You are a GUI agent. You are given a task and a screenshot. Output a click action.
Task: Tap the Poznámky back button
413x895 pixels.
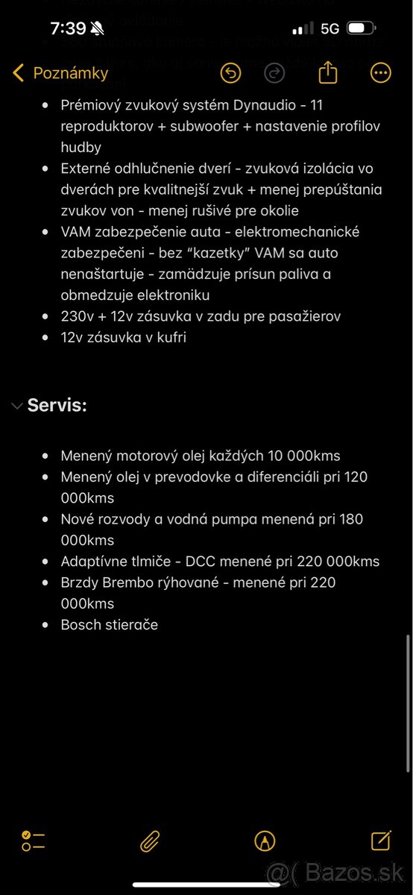point(61,73)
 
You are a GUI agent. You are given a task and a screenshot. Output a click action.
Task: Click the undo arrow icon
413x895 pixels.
point(231,73)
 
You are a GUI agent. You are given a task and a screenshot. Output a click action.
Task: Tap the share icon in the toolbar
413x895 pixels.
point(328,72)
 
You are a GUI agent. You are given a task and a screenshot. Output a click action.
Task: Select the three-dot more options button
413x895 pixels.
point(380,73)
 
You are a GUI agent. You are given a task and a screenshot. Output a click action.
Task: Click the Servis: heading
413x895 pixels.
point(57,406)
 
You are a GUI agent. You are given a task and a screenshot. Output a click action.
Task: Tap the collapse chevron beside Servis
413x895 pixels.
point(16,406)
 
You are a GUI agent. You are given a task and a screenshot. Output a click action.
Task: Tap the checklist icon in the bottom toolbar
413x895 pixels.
point(34,841)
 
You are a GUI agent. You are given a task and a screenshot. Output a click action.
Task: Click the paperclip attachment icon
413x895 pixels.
point(150,841)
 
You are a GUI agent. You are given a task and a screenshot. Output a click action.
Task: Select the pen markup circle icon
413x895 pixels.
point(265,841)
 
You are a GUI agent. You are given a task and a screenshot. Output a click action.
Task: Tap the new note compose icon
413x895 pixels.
point(380,841)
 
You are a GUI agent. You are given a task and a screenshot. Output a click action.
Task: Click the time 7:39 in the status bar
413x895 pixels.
point(68,28)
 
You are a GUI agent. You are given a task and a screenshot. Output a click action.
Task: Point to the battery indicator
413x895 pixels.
point(361,28)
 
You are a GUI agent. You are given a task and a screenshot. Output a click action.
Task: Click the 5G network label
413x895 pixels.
point(330,28)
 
